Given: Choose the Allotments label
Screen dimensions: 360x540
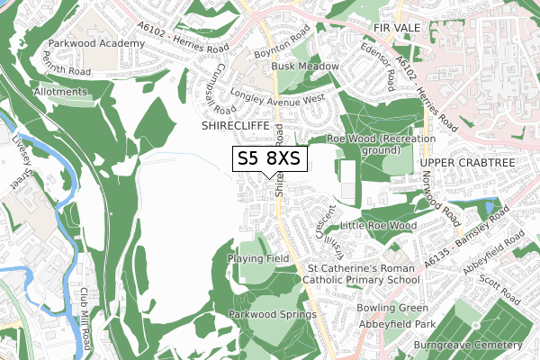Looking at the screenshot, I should click(60, 92).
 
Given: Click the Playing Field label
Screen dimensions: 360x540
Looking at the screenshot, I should click(258, 258).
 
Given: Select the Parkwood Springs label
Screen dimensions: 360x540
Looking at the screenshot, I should click(272, 315).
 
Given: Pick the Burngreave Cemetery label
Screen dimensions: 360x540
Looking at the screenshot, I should click(468, 345).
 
